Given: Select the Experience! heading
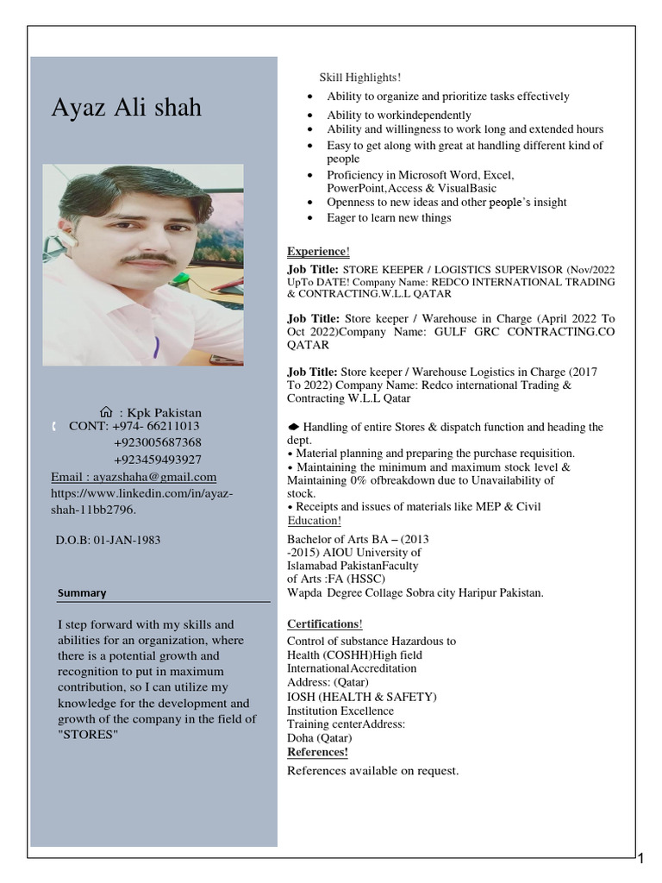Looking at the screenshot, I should (318, 251).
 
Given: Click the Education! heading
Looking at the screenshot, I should (314, 521).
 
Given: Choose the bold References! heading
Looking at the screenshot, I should (317, 752).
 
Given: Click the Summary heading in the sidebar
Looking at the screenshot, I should (82, 593).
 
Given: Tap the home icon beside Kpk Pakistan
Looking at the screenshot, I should (106, 412).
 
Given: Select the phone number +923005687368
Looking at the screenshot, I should (158, 442).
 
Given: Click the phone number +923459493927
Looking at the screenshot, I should (158, 459).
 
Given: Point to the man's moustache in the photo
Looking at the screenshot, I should (147, 258).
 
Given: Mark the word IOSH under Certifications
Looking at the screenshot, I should (303, 697).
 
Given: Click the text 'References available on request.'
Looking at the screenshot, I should (372, 770).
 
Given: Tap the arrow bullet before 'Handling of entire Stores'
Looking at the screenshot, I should (293, 427).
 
